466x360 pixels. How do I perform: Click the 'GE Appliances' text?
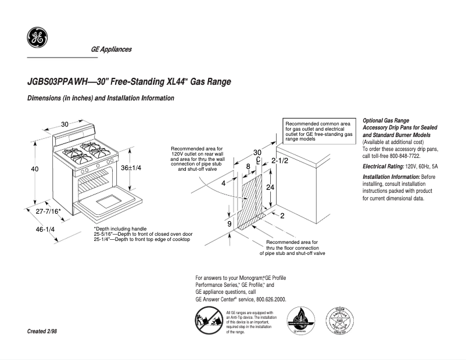[111, 49]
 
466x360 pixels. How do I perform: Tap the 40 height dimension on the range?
[35, 169]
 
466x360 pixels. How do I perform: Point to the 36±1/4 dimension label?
[131, 167]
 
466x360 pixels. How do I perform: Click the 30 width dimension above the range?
[64, 124]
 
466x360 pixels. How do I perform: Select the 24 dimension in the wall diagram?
[270, 188]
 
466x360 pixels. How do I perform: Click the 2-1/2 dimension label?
[280, 160]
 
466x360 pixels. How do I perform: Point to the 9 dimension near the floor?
[230, 224]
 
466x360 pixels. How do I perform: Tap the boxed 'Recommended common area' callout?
[318, 132]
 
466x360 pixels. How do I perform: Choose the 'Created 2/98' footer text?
[42, 331]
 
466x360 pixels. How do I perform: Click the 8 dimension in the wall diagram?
[248, 167]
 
